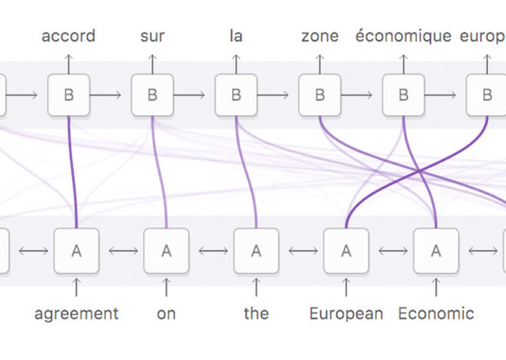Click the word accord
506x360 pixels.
tap(69, 36)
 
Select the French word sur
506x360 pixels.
tap(152, 36)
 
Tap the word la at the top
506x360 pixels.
tap(235, 36)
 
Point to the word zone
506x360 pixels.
tap(320, 36)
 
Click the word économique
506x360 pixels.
tap(403, 36)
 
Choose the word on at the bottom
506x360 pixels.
tap(166, 313)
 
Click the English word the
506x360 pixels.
tap(256, 313)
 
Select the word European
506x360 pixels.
tap(346, 313)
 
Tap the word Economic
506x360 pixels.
tap(436, 313)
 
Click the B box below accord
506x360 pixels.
tap(69, 95)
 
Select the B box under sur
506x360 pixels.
tap(152, 95)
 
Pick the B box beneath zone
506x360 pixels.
tap(320, 95)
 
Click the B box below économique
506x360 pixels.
tap(403, 95)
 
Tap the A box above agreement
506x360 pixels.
tap(75, 250)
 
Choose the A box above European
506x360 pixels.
tap(346, 250)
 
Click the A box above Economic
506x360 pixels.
tap(436, 250)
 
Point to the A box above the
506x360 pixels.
tap(256, 250)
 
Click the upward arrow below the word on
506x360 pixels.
tap(166, 287)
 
